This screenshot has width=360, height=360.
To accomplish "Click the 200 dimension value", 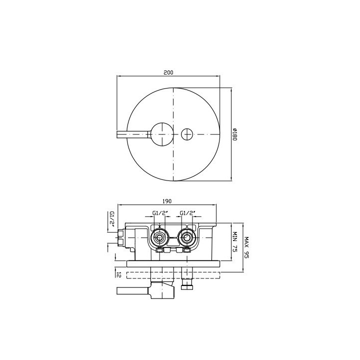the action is tap(168, 72).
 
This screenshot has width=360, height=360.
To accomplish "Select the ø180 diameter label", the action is tap(234, 134).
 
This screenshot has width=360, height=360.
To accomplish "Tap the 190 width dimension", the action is tap(167, 201).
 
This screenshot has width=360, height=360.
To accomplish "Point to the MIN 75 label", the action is tap(234, 242).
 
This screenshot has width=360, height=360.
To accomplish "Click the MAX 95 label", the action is tap(246, 247).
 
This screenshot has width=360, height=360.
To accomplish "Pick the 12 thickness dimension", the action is tap(118, 274).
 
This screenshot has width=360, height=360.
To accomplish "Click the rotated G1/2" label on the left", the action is tap(112, 219).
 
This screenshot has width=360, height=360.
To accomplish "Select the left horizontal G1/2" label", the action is tap(160, 213).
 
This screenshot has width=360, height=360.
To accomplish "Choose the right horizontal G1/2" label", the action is tap(187, 213).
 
